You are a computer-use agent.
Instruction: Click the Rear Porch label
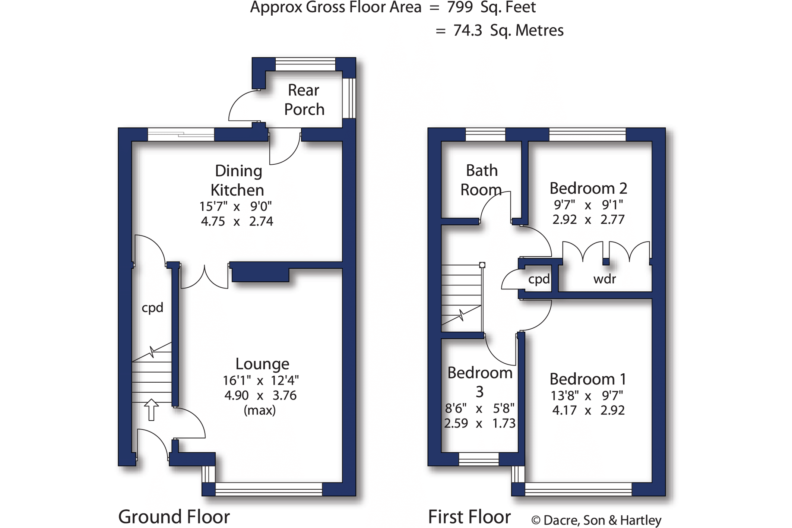coord(304,100)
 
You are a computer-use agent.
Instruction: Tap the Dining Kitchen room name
coord(238,180)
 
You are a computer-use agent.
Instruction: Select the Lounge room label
coord(262,364)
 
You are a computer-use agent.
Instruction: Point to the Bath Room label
coord(481,180)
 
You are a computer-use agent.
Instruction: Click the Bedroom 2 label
coord(588,189)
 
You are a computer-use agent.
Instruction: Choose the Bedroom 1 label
coord(588,379)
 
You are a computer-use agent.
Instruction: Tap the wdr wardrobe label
coord(605,279)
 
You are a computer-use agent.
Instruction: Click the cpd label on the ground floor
coord(152,308)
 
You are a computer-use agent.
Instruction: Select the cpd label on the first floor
coord(539,279)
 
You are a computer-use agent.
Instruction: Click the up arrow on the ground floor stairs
coord(151,410)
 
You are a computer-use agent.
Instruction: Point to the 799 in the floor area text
coord(460,7)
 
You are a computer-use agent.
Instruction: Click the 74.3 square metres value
coord(468,31)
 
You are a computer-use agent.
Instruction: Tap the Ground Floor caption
coord(174,517)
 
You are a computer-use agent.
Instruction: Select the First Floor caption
coord(469,517)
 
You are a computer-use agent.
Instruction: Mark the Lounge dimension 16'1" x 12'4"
coord(261,381)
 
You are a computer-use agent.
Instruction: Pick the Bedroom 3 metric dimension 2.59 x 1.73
coord(480,424)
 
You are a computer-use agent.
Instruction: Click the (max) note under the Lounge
coord(260,411)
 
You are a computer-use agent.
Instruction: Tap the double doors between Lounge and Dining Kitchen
coord(205,277)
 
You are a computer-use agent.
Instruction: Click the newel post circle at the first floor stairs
coord(482,265)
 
